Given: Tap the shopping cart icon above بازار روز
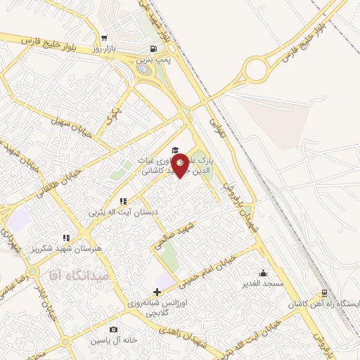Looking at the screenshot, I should [x=104, y=39].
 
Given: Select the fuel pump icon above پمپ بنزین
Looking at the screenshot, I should [x=153, y=49].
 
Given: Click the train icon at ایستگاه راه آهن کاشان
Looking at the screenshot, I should [x=323, y=293].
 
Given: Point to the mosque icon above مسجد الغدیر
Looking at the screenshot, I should [x=263, y=273].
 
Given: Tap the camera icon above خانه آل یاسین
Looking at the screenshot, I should [x=113, y=329].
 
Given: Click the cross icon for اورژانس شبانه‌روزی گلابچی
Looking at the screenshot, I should [x=156, y=290].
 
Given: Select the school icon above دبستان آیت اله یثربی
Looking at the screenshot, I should [x=122, y=200].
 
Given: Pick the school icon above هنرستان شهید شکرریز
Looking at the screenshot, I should [x=67, y=238].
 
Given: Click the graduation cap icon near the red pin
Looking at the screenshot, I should [x=174, y=150].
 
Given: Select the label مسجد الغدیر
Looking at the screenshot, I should [x=262, y=283].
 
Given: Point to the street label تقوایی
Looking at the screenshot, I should [x=214, y=126].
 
